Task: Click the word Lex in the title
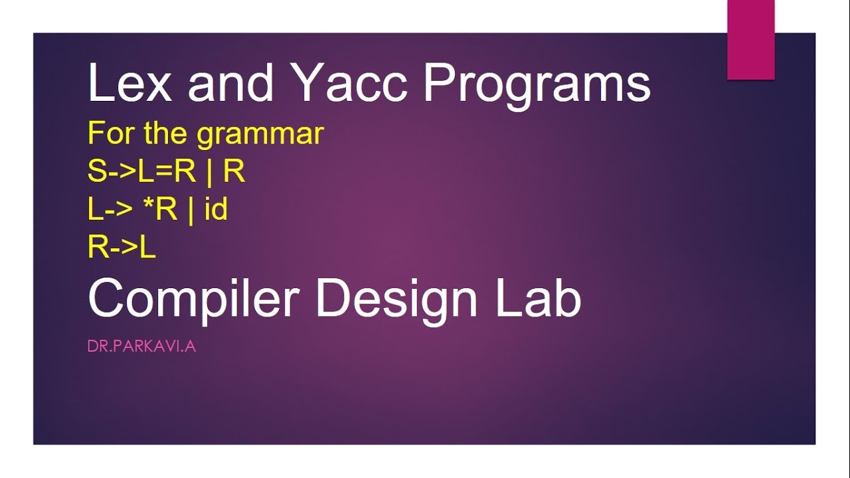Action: [129, 82]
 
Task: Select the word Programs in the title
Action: [537, 86]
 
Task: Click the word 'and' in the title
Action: [230, 82]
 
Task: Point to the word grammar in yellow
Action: [260, 135]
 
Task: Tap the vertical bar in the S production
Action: [209, 173]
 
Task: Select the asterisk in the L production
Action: [149, 204]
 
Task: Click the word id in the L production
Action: [216, 208]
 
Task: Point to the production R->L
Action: [122, 246]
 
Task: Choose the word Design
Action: [397, 299]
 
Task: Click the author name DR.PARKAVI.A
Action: [141, 347]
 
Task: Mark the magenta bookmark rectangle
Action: [751, 40]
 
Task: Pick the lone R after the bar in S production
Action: [234, 171]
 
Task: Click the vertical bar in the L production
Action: [191, 211]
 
